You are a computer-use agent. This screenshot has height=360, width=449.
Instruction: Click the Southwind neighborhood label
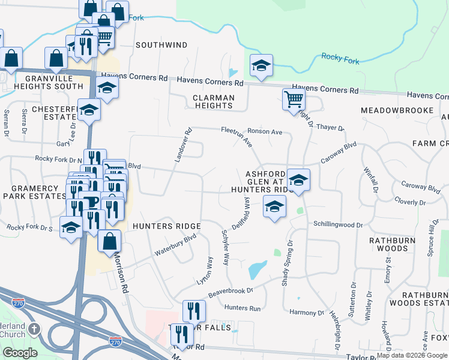(x=161, y=45)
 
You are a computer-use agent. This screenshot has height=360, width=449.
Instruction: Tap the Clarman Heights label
(x=212, y=101)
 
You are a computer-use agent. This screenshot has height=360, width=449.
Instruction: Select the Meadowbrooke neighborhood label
(x=397, y=110)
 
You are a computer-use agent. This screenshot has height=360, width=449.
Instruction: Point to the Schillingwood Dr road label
(x=339, y=224)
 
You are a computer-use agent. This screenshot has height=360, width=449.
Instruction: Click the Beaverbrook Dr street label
(x=231, y=293)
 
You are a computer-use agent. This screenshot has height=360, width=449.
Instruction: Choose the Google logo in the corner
(x=20, y=353)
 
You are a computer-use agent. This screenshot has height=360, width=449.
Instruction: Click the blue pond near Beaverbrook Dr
(x=257, y=269)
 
